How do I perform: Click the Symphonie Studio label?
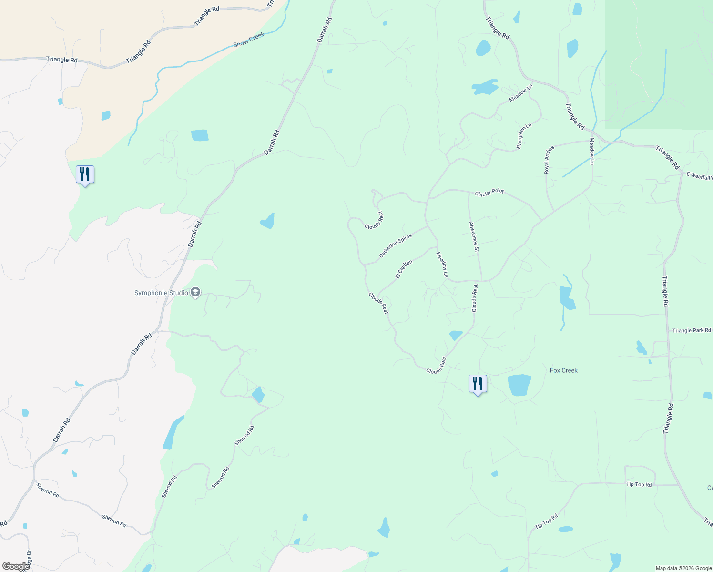(161, 293)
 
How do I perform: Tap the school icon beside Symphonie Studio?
(195, 292)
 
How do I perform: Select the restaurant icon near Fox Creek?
(478, 384)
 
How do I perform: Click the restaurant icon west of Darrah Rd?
(85, 174)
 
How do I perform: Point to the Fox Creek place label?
(563, 370)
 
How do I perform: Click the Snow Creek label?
(249, 40)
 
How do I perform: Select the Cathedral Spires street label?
(395, 246)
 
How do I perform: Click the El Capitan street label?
(404, 269)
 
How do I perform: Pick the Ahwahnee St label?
(474, 237)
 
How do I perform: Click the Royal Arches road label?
(550, 160)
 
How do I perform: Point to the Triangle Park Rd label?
(691, 330)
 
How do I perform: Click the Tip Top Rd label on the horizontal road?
(639, 484)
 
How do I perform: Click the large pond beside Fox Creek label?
(519, 385)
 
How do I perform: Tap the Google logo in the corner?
(16, 566)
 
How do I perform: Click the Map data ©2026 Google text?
(683, 568)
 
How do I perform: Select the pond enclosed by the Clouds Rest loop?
(456, 335)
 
